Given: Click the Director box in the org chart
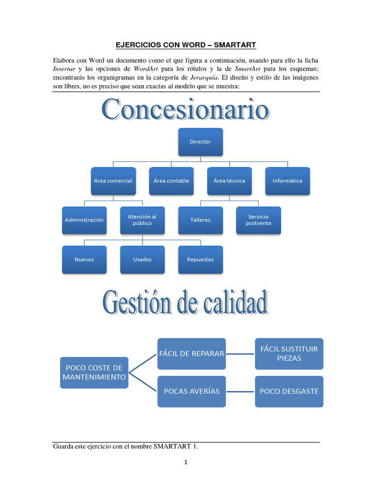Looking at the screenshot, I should tap(201, 142).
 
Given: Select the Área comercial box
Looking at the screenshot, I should tap(113, 181).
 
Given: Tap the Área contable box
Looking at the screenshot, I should tap(171, 181).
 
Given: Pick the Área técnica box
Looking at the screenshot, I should tap(229, 181).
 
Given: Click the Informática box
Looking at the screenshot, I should tap(287, 181).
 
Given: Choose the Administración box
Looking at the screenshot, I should tap(84, 220).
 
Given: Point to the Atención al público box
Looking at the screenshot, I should tap(142, 220).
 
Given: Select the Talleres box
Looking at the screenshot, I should tap(201, 220).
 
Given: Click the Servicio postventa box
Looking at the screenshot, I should tap(258, 220).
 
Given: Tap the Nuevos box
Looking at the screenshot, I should tap(84, 260).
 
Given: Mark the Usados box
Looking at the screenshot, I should tap(142, 260).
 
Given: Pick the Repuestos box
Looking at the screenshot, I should tap(201, 260).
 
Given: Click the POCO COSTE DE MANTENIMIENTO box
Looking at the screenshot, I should tap(94, 372).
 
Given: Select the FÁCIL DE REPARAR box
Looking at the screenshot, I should tap(191, 353).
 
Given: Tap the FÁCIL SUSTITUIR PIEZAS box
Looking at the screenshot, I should tap(289, 353).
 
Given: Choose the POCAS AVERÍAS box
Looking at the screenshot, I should tap(191, 391).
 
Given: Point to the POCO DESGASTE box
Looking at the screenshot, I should tap(289, 391).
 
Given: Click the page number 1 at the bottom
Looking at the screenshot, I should tap(186, 462).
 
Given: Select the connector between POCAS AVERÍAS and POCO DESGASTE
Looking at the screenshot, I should tap(240, 391).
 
